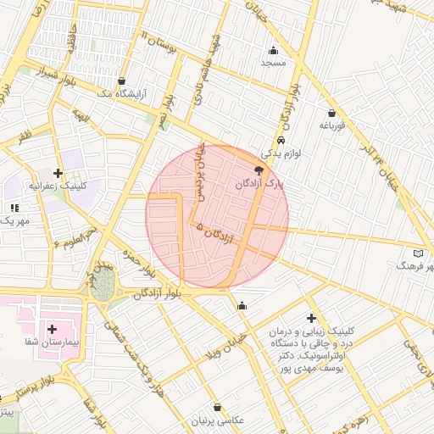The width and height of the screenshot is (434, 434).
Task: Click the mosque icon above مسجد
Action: pyautogui.click(x=273, y=50)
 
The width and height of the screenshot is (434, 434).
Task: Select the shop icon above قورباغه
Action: pyautogui.click(x=331, y=113)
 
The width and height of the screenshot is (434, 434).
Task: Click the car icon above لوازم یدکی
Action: pyautogui.click(x=281, y=141)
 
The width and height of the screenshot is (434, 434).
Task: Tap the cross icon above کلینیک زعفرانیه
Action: pyautogui.click(x=58, y=173)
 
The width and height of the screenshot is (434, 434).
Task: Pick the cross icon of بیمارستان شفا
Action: pyautogui.click(x=53, y=328)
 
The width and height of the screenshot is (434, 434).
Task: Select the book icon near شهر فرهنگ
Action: pyautogui.click(x=416, y=253)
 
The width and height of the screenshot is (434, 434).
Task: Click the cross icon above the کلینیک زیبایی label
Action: pyautogui.click(x=311, y=316)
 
